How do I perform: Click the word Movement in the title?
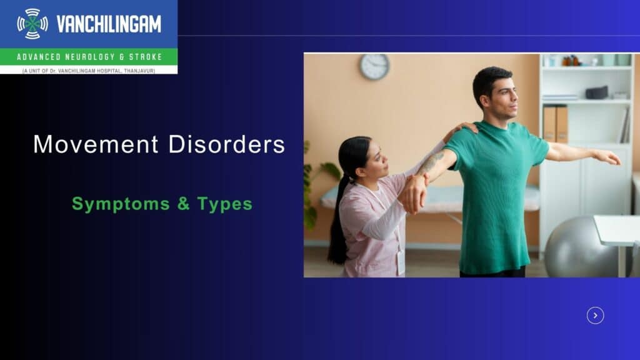point(96,144)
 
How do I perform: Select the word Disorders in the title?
point(226,144)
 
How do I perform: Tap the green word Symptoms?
point(121,204)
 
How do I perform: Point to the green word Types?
point(225,204)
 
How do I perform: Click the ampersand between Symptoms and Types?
point(184,203)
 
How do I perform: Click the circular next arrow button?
point(595,316)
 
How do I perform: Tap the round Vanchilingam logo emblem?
point(32,24)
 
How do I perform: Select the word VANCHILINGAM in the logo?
point(109,24)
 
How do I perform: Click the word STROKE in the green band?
point(146,57)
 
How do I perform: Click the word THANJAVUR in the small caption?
point(139,71)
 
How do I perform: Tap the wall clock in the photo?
point(374,66)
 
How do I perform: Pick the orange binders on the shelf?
point(555,124)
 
